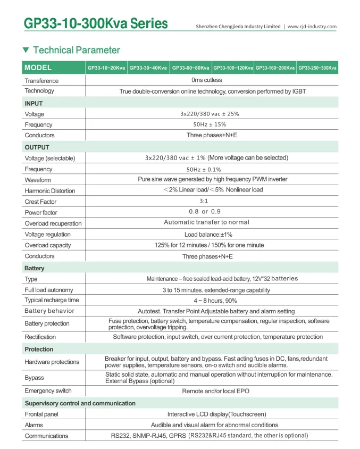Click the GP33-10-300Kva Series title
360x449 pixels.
pos(96,24)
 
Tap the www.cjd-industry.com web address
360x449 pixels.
pos(312,27)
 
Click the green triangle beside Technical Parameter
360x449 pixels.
pos(26,50)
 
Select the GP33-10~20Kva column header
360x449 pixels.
pos(106,68)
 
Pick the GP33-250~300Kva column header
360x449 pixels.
pos(317,68)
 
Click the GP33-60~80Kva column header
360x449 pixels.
pos(190,68)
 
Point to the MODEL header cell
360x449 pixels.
pos(38,68)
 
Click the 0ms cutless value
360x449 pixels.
pos(207,80)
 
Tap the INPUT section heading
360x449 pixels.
pos(34,103)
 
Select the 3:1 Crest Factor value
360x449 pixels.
pos(204,202)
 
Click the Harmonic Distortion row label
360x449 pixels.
pos(50,191)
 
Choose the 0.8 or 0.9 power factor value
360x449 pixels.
pos(205,212)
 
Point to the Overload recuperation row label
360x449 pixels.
pos(53,223)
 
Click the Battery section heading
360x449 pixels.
pos(35,269)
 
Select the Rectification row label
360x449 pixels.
pos(40,337)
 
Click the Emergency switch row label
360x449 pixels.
pos(48,392)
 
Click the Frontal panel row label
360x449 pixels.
pos(41,414)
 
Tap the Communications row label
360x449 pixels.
pos(46,436)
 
